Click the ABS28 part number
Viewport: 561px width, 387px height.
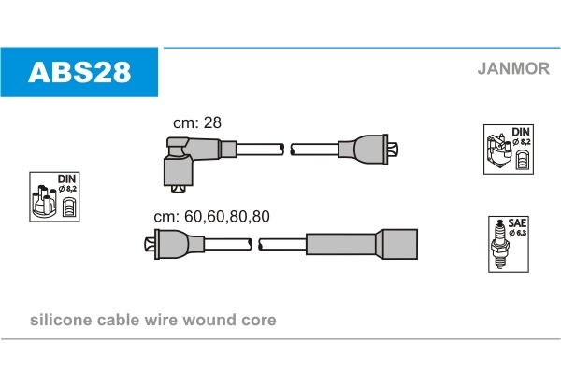79,72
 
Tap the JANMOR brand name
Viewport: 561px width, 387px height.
513,68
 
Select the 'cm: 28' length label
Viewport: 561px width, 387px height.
197,122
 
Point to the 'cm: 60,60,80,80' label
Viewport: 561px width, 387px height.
211,216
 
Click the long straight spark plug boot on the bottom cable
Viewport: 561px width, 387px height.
361,244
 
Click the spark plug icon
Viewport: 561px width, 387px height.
500,245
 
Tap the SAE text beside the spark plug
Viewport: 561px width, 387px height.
517,223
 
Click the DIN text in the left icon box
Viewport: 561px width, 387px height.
66,179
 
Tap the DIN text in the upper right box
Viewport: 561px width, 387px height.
521,132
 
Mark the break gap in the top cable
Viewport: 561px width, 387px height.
287,150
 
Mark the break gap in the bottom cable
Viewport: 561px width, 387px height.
255,244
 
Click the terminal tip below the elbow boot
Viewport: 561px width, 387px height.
178,189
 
